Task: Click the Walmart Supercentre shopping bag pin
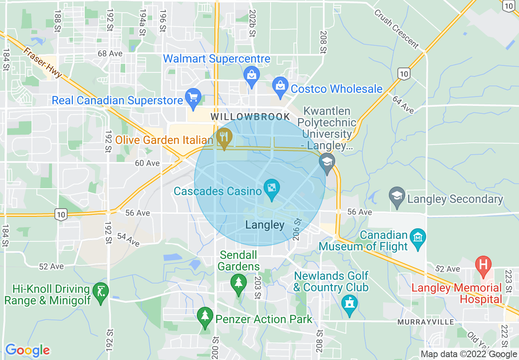click(x=251, y=76)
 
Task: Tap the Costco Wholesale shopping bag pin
click(x=280, y=86)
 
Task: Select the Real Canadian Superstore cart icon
click(x=193, y=98)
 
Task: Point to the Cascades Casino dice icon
click(x=271, y=189)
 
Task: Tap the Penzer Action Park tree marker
click(x=205, y=317)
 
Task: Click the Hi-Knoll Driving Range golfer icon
click(x=101, y=292)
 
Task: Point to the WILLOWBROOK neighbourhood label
click(x=250, y=117)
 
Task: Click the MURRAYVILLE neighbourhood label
click(x=426, y=322)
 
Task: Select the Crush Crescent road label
click(x=396, y=29)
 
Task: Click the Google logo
click(x=27, y=350)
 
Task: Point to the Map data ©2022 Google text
click(x=469, y=354)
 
